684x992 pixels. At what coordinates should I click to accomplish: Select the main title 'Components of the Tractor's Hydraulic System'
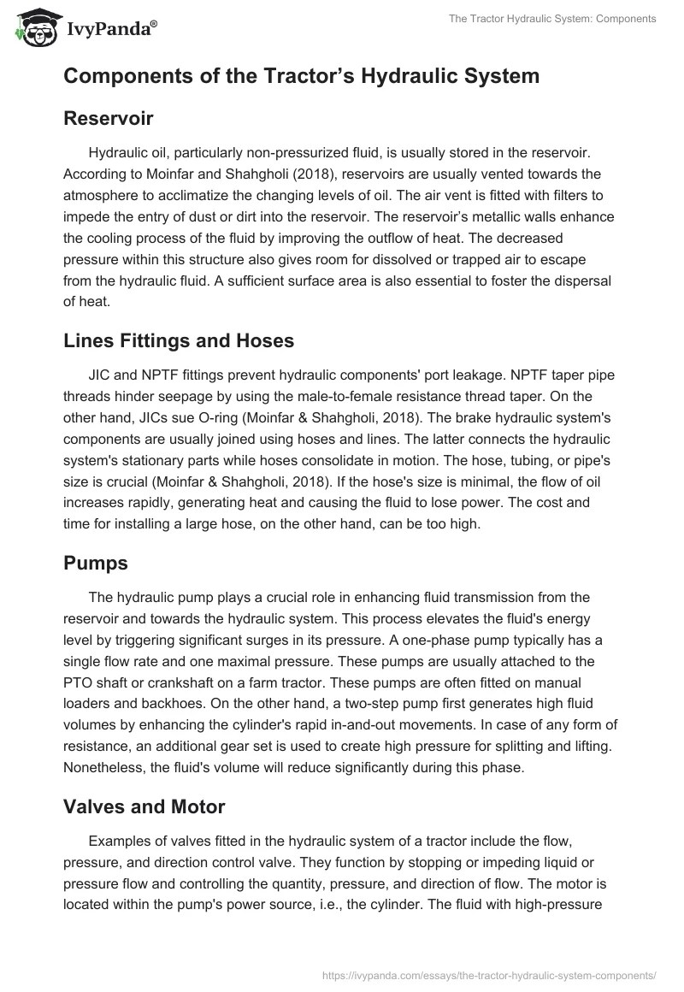[x=301, y=76]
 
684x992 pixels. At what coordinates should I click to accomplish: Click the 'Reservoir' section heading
[x=108, y=118]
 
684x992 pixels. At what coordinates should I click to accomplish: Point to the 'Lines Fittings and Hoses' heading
[x=179, y=340]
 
